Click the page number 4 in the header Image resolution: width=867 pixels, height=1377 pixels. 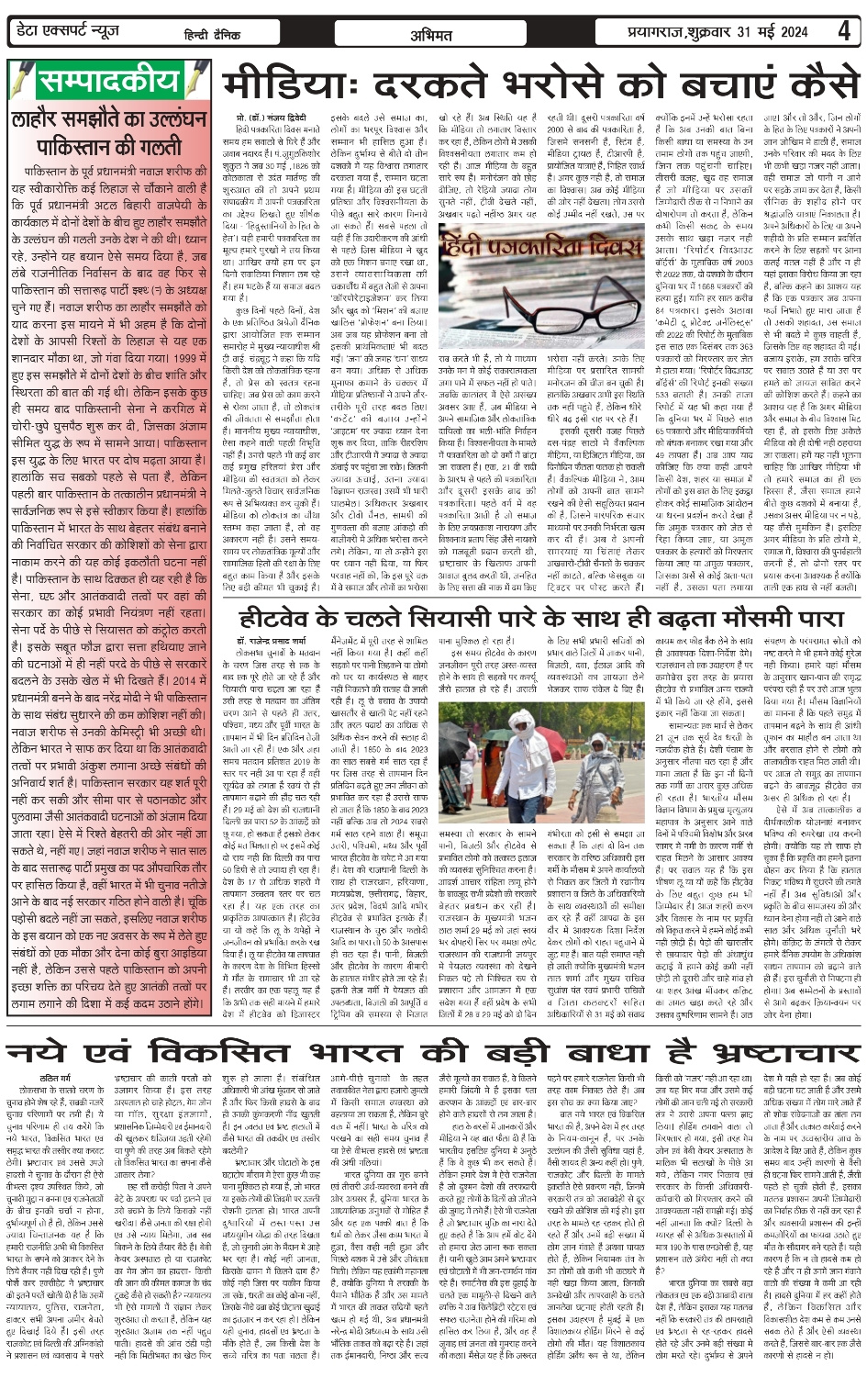[x=843, y=31]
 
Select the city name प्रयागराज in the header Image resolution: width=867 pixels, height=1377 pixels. [x=642, y=33]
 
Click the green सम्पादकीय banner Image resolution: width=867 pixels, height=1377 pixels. [x=109, y=82]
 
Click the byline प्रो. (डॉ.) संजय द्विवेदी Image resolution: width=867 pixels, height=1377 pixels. [x=271, y=119]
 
